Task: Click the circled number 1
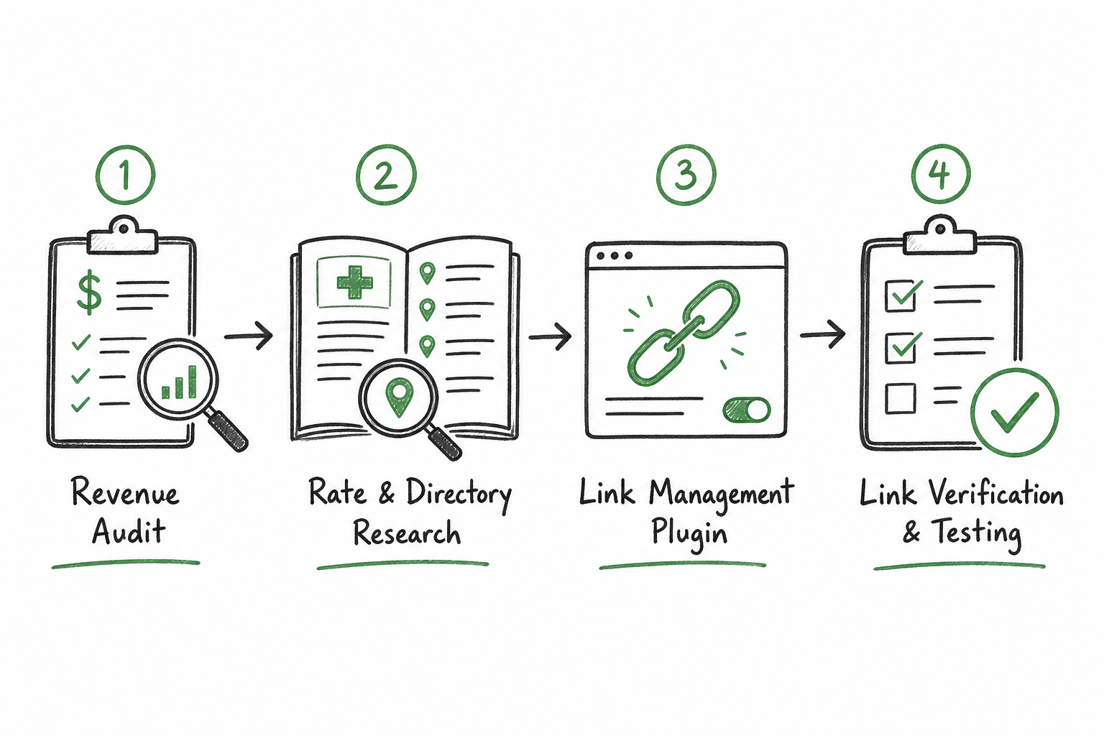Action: coord(125,175)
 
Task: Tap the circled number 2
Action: coord(386,175)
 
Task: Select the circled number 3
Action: coord(686,175)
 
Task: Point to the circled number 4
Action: coord(940,174)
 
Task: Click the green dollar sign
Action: coord(89,293)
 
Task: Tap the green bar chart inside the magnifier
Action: coord(180,382)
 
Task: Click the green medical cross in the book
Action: coord(354,282)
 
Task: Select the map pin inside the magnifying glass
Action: coord(399,397)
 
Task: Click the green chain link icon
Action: coord(683,333)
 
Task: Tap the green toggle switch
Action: coord(747,410)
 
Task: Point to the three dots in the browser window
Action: coord(615,256)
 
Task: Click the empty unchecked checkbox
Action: coord(901,398)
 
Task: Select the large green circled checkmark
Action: coord(1015,412)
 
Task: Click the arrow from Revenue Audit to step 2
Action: coord(249,336)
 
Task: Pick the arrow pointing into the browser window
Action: coord(550,336)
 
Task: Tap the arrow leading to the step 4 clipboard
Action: coord(823,335)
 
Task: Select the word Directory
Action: coord(459,495)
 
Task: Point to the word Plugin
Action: coord(689,534)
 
